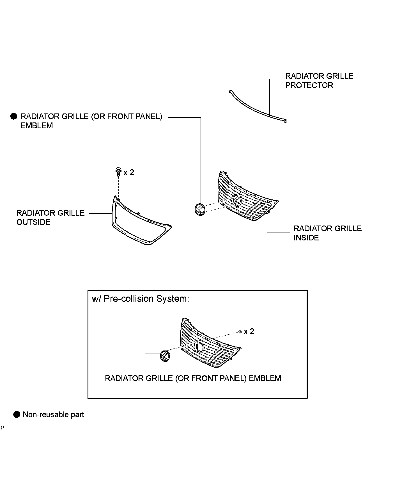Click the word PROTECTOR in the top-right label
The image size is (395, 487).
(x=309, y=85)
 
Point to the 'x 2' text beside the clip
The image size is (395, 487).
(x=129, y=172)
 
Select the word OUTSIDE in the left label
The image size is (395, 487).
(x=33, y=222)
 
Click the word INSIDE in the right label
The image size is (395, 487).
(x=306, y=238)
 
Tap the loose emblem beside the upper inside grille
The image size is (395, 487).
(x=199, y=209)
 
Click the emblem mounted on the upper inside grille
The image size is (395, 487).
(x=236, y=200)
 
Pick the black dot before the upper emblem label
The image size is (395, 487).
(x=14, y=117)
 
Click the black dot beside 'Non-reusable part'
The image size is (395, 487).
(x=17, y=415)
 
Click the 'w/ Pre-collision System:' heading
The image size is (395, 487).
(x=141, y=299)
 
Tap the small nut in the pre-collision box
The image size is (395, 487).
(x=240, y=332)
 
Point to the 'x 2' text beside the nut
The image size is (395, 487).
(x=249, y=332)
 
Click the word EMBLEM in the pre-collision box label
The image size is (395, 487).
(x=265, y=379)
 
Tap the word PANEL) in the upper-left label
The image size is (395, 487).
(x=149, y=117)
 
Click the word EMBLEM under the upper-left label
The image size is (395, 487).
(x=37, y=126)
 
